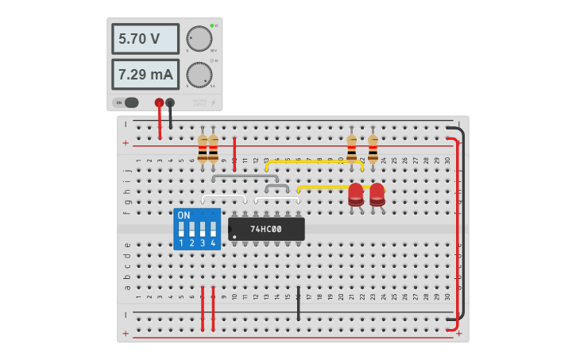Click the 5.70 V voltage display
(145, 38)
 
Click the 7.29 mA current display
(145, 75)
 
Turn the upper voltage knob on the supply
(199, 38)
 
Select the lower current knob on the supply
(199, 75)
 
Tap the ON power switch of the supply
(126, 103)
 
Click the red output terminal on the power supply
(159, 103)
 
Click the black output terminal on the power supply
(170, 103)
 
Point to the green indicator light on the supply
(212, 26)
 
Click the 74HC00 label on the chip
(266, 229)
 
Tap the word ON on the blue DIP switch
(184, 215)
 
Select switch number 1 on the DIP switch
(181, 229)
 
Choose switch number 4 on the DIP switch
(213, 229)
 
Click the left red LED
(355, 193)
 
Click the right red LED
(377, 193)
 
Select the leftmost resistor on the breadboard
(203, 148)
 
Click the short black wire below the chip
(299, 304)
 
